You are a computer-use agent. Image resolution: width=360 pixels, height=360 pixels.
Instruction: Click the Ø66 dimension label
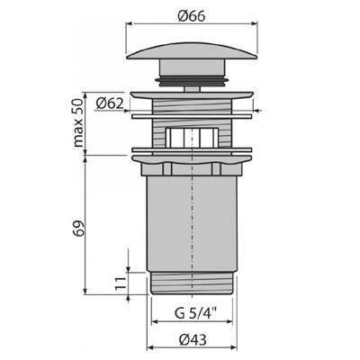coord(192,15)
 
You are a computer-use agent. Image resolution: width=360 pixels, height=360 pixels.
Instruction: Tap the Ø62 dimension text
coord(110,103)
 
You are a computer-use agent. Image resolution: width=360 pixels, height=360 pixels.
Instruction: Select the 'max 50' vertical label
coord(79,124)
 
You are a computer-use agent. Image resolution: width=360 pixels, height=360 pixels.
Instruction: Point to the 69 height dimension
coord(78,229)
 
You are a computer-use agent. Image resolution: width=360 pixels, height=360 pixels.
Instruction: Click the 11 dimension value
coord(121,283)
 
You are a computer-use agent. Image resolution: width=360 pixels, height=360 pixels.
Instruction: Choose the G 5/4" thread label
coord(195,314)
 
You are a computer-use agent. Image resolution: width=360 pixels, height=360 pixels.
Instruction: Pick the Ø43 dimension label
coord(193,340)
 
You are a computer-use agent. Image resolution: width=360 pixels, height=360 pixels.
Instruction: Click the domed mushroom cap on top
coord(192,50)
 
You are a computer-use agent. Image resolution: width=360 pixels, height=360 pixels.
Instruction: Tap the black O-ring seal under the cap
coord(192,80)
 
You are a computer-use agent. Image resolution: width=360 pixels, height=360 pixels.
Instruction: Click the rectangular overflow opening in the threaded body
coord(192,138)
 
